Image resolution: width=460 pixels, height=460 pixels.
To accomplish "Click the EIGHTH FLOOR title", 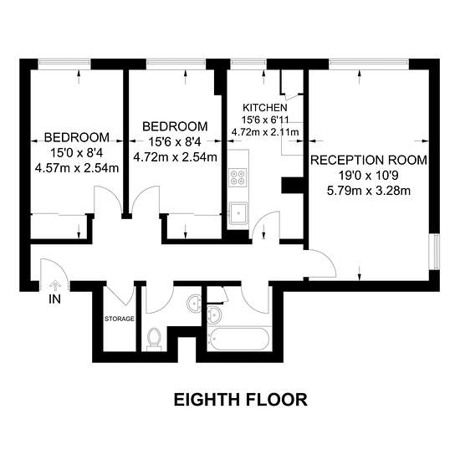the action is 241,399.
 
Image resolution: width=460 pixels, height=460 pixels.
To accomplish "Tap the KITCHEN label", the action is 264,108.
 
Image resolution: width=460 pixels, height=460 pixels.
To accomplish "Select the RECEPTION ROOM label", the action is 369,161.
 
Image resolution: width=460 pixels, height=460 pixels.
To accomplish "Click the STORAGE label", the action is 120,319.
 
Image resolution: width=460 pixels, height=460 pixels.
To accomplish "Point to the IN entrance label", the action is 55,299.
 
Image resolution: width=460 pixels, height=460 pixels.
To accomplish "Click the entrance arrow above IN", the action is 55,284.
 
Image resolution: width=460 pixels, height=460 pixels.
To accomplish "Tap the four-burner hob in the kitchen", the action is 238,177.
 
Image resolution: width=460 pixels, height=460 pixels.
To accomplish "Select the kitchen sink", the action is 238,213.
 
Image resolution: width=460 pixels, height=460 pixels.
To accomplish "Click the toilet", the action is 154,339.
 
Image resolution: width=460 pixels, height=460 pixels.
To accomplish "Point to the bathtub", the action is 238,339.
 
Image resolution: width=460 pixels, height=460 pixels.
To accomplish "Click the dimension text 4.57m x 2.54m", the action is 77,168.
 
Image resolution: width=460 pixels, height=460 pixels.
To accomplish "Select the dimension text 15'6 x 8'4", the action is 175,142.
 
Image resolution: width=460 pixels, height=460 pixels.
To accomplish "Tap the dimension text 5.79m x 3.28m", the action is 369,191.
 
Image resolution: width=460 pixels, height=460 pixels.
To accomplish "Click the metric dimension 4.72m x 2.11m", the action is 265,131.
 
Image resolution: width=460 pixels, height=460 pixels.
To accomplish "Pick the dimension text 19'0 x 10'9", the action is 369,176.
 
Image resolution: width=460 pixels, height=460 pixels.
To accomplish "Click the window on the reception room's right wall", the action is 434,252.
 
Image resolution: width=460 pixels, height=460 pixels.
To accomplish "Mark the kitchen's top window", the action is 248,62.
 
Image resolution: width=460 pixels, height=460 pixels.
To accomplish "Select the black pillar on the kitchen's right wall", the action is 292,185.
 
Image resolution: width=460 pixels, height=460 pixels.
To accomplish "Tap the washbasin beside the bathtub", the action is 215,314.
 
